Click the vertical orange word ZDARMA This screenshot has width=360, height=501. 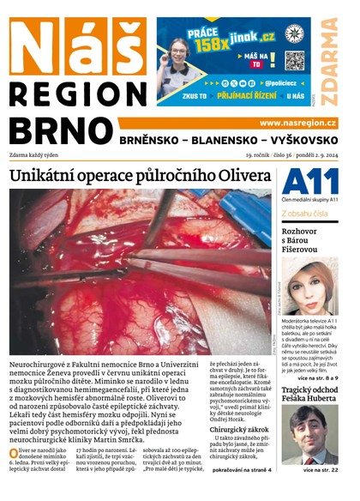[330, 52]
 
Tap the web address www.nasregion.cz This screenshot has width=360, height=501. [297, 124]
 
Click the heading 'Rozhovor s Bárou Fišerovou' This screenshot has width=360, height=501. [307, 238]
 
